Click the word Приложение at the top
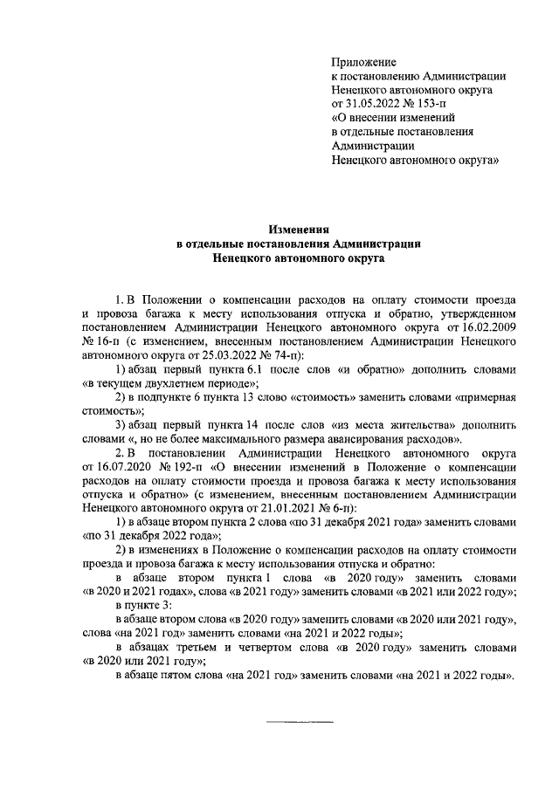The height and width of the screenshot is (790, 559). pos(363,61)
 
